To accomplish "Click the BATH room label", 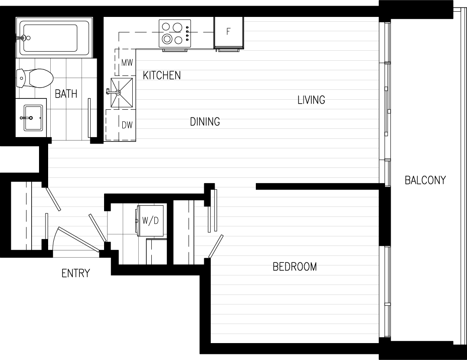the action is point(66,94).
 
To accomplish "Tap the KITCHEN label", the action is point(162,75).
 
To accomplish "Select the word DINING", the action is point(205,121).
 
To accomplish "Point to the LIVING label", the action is point(311,100).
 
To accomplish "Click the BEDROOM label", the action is point(294,266).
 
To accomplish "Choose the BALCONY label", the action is point(425,180).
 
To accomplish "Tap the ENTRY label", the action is point(75,273).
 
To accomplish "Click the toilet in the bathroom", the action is point(35,79).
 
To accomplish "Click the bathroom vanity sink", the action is point(33,118).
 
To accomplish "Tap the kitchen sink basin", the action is point(121,93).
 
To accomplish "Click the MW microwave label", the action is point(127,63).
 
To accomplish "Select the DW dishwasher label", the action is point(127,125).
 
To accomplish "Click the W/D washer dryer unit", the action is point(150,220).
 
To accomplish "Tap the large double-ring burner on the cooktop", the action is point(167,39).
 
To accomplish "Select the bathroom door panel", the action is point(89,118).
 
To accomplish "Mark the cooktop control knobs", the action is point(188,33).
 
